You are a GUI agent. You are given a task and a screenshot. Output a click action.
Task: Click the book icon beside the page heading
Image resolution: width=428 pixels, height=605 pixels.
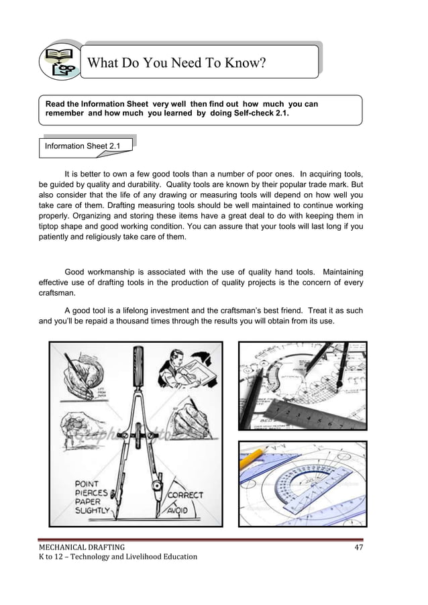tap(60, 61)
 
